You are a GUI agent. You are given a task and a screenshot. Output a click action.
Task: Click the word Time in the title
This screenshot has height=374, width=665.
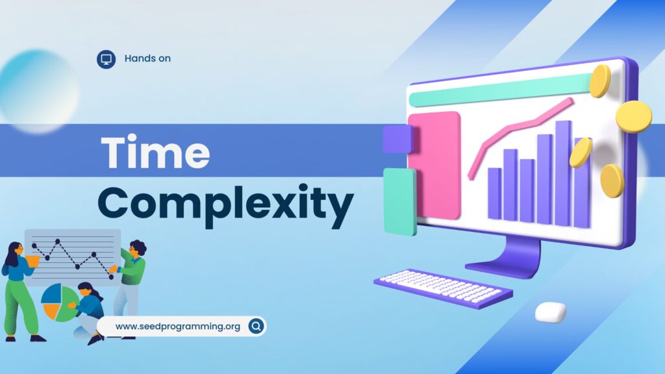click(x=155, y=152)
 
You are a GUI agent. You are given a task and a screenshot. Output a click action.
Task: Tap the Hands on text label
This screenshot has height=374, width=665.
click(x=147, y=58)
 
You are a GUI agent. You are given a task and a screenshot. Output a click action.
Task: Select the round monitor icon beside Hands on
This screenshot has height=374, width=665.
click(x=106, y=59)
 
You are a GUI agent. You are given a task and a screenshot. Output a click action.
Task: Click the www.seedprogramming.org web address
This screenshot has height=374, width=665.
click(x=178, y=327)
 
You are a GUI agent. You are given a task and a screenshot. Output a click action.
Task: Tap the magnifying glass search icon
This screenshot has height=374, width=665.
click(x=256, y=326)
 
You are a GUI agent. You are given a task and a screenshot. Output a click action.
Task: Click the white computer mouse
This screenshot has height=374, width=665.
click(x=551, y=312)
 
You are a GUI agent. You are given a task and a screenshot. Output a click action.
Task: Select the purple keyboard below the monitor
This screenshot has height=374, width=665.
click(x=443, y=288)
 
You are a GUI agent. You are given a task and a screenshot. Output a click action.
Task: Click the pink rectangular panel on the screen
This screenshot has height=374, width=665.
click(x=434, y=165)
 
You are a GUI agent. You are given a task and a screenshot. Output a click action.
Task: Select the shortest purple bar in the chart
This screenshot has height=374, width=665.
click(x=494, y=193)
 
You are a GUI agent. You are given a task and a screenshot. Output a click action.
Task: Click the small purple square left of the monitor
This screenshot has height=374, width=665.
click(x=397, y=139)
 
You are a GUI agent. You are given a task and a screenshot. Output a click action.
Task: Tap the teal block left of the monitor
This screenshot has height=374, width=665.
click(x=400, y=201)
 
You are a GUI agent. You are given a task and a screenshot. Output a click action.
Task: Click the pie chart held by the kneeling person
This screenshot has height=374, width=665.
click(x=58, y=303)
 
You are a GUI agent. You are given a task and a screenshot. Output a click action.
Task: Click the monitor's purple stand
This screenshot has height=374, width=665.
click(x=505, y=258)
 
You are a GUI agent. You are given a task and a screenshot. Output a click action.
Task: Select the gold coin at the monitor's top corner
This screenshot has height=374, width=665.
click(x=600, y=81)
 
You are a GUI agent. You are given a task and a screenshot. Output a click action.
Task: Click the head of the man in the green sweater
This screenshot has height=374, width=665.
click(x=137, y=249)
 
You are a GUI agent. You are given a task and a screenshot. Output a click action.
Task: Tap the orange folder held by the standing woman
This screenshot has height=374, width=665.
click(x=32, y=261)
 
